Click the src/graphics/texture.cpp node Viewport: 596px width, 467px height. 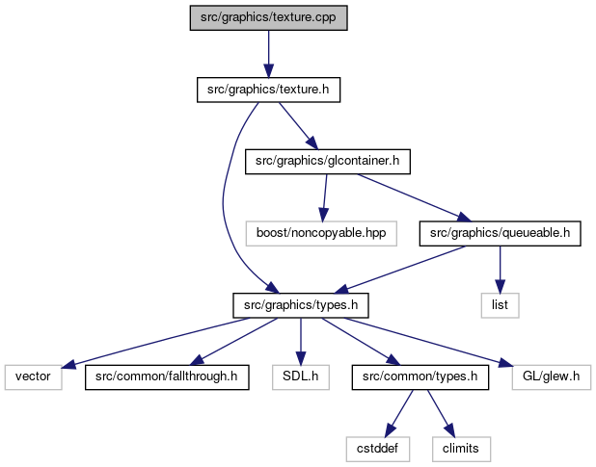(x=268, y=18)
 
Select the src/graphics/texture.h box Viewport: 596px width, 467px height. (x=268, y=90)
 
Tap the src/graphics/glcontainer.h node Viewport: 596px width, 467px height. (x=328, y=162)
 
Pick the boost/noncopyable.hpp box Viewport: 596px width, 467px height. (x=321, y=233)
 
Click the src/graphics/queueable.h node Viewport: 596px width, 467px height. (x=500, y=233)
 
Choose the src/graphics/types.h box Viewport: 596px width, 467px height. (x=301, y=305)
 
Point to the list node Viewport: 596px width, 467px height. (x=500, y=305)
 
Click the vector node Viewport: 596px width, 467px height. (x=33, y=377)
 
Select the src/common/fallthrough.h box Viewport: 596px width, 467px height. (x=167, y=377)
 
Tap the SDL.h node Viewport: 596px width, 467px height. (x=301, y=377)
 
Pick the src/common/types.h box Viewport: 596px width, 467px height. (x=420, y=377)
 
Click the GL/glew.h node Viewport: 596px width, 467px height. (x=551, y=377)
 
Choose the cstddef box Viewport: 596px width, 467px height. (x=377, y=449)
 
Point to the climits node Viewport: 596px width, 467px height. (x=461, y=449)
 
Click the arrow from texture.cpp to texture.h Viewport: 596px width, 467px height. (x=268, y=54)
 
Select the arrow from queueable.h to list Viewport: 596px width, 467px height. (x=500, y=270)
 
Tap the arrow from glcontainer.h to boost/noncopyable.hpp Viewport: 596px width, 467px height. (x=325, y=197)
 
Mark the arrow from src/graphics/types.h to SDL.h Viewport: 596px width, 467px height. (x=301, y=342)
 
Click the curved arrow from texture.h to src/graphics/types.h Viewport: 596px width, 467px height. (x=224, y=197)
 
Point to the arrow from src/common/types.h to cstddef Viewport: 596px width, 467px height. (x=398, y=413)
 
